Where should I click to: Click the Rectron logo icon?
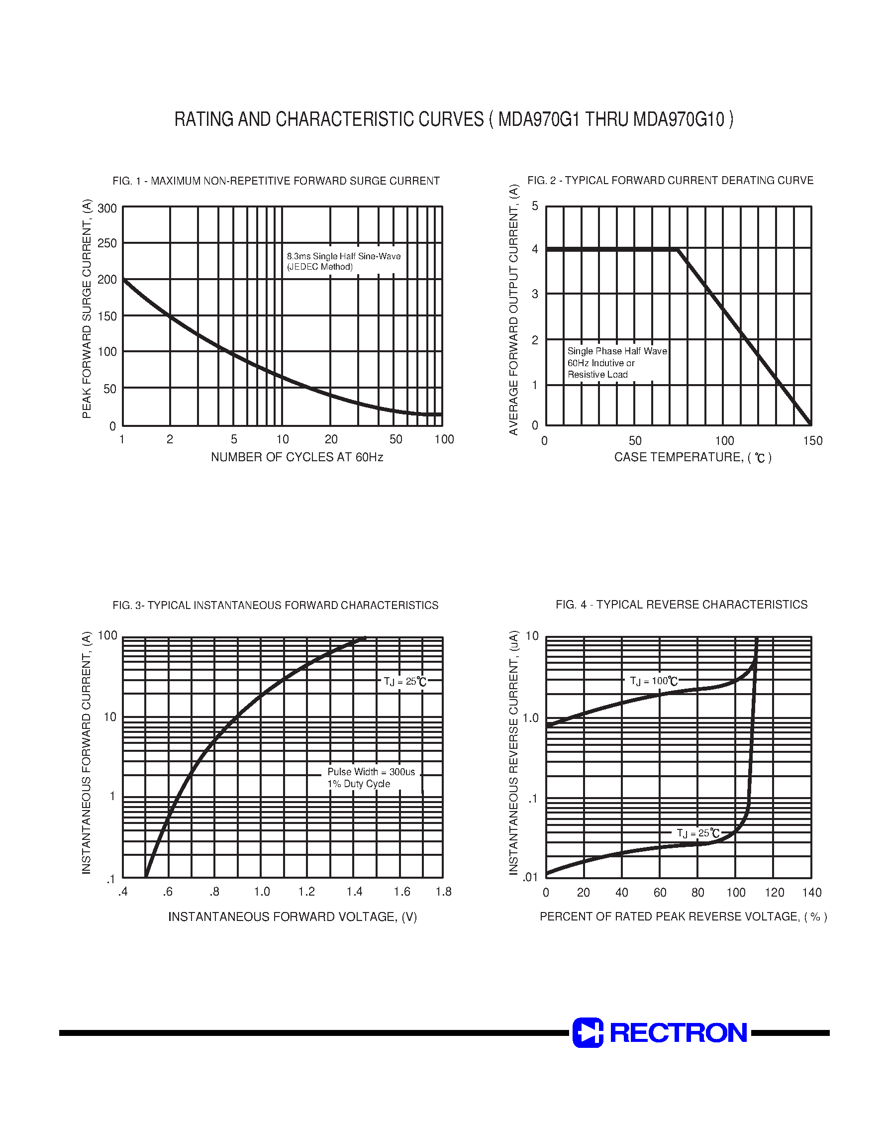point(588,1032)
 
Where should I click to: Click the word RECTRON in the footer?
point(678,1033)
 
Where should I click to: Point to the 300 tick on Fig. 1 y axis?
point(107,208)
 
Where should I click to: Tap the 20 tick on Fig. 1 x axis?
point(331,439)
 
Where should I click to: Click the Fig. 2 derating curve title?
point(670,181)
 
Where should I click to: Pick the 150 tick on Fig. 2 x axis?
point(812,441)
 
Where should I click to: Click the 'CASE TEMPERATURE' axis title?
point(692,457)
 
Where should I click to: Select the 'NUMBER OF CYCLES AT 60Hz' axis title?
point(296,457)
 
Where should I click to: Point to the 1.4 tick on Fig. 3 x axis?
point(354,892)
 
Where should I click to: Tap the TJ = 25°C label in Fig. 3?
point(404,681)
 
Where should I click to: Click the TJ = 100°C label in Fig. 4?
point(654,681)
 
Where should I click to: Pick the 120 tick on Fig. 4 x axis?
point(774,892)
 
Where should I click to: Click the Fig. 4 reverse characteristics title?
point(681,605)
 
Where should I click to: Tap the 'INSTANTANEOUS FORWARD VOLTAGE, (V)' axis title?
point(293,917)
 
